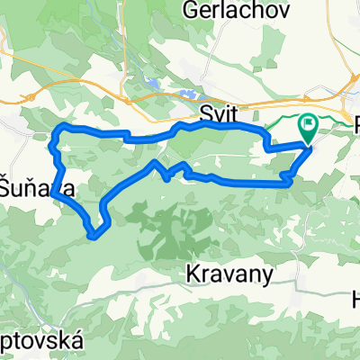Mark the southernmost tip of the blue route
[x=94, y=237]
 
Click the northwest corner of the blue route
[x=59, y=128]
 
